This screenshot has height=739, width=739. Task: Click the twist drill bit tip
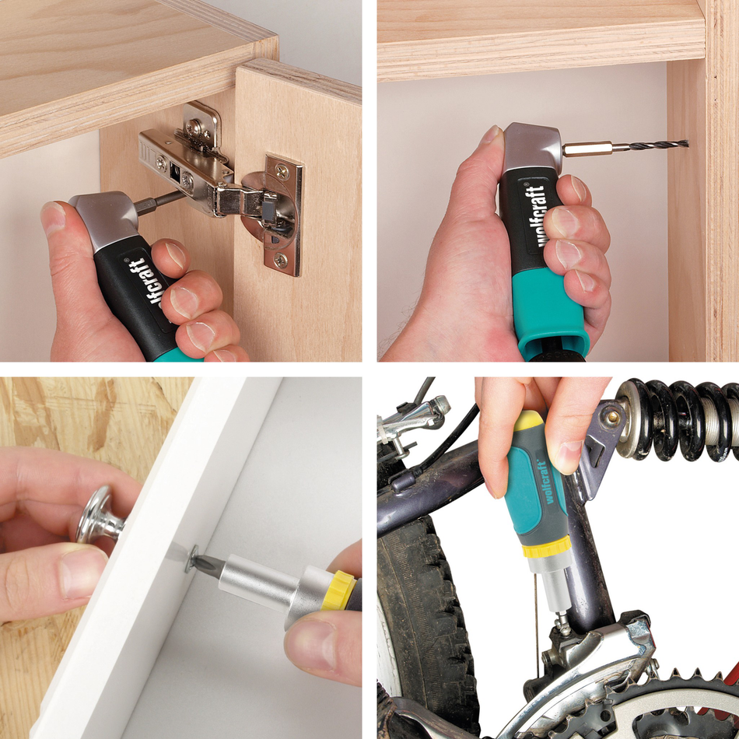coord(685,143)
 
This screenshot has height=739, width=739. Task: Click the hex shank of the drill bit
coord(587,148)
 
